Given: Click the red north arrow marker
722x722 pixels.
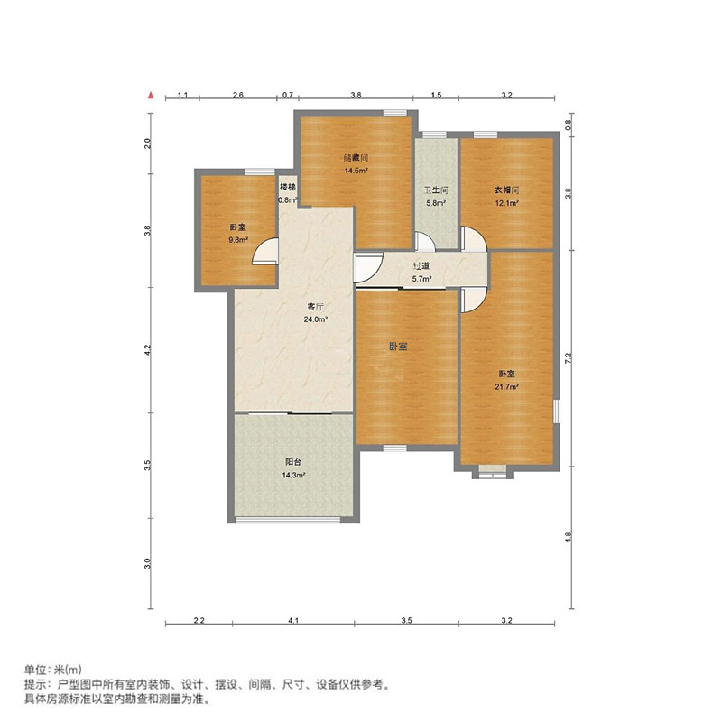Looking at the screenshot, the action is (151, 96).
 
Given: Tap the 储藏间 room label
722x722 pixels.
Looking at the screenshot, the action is (356, 158).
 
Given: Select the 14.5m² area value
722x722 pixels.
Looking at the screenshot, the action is (356, 171).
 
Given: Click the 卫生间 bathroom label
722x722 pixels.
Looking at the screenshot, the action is (436, 190).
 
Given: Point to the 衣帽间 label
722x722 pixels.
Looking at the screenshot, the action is (507, 190).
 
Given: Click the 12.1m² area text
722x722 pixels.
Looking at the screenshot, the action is (507, 203).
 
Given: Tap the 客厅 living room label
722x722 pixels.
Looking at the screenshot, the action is (315, 307).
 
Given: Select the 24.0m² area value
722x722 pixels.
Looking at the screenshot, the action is (315, 319).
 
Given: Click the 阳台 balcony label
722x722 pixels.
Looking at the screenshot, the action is (293, 462).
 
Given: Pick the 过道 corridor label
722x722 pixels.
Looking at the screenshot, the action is (421, 265).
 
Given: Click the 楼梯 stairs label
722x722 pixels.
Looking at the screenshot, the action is (288, 188).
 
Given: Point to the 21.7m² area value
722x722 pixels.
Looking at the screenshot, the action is (507, 387).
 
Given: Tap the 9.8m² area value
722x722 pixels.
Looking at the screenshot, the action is (238, 240).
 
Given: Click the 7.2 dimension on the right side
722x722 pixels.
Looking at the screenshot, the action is (569, 357).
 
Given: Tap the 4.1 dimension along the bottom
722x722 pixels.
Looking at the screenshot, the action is (293, 621).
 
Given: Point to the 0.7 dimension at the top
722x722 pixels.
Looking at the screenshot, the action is (288, 96).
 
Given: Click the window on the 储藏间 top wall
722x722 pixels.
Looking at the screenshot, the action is (395, 113).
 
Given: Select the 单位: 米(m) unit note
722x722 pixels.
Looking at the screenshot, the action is (53, 670).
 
